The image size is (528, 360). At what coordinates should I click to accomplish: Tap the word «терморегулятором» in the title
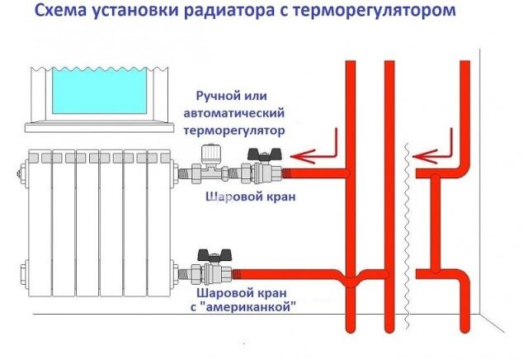click(374, 12)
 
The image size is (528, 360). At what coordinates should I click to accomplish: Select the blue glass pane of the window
click(99, 90)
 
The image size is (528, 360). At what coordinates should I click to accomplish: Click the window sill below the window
click(99, 127)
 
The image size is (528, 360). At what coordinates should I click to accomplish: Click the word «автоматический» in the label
click(234, 113)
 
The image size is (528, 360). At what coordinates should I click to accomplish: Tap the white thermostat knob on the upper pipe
click(211, 154)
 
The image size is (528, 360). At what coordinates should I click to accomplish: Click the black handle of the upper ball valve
click(264, 154)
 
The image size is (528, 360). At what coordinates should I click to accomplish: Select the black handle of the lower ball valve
click(214, 255)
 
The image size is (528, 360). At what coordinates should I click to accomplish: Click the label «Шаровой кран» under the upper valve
click(251, 197)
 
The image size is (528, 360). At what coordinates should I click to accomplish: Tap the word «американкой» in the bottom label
click(243, 307)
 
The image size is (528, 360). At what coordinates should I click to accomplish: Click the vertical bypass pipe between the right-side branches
click(436, 222)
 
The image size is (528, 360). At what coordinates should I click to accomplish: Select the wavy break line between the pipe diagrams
click(408, 236)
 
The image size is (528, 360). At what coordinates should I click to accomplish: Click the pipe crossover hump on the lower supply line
click(350, 278)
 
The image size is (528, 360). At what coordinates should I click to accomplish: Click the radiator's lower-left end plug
click(24, 272)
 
